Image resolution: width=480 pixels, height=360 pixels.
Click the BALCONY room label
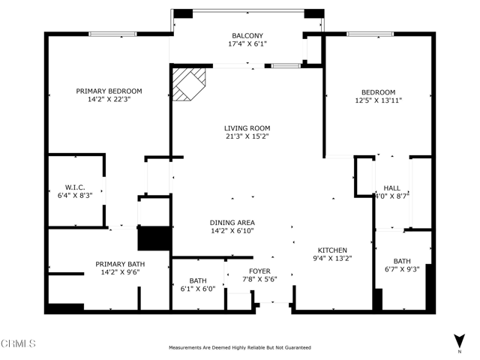pos(247,35)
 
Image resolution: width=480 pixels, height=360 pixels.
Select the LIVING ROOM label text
pos(247,128)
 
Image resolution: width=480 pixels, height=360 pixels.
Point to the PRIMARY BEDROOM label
pos(109,91)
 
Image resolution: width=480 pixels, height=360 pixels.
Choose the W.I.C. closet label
pos(75,187)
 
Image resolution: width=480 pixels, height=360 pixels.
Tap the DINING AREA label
pos(232,223)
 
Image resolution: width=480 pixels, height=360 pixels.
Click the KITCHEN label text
pos(331,250)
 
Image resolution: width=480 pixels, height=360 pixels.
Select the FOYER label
pos(259,271)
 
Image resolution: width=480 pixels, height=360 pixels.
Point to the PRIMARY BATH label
pos(120,264)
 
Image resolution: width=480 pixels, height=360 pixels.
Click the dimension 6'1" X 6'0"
pos(197,289)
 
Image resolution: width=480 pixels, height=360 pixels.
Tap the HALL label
pos(391,187)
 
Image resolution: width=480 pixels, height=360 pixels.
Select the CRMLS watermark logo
pos(19,343)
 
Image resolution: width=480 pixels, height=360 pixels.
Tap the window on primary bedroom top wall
pos(112,34)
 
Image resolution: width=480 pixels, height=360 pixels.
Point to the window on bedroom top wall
pos(370,34)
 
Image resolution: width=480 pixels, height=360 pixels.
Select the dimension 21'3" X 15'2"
pos(247,136)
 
